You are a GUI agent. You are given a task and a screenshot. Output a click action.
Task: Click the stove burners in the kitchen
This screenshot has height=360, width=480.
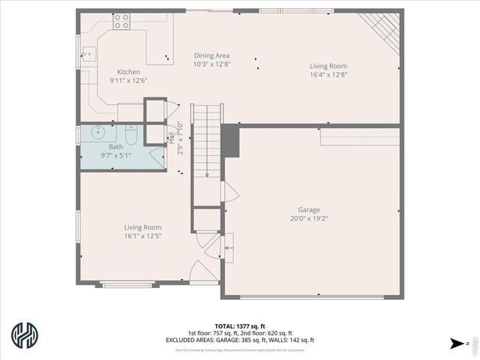(121, 22)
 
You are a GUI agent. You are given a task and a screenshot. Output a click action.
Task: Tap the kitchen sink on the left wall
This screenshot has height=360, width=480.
(88, 54)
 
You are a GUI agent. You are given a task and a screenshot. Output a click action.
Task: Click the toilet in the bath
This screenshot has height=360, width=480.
(131, 137)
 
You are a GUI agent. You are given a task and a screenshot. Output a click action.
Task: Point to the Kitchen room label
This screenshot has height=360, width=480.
(128, 72)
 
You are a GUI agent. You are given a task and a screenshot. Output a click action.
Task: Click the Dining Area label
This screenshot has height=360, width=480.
(211, 55)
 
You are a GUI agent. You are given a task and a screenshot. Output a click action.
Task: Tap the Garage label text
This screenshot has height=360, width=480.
(310, 210)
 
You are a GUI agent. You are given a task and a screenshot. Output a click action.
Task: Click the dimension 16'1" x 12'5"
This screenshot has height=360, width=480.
(142, 235)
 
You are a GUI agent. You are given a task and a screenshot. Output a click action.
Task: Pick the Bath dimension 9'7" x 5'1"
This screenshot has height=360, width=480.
(116, 155)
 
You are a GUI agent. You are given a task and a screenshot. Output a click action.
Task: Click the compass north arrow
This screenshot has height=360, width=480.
(456, 343)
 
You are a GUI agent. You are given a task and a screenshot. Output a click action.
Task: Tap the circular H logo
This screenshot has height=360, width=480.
(26, 337)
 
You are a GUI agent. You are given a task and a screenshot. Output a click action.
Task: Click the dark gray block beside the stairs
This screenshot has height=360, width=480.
(231, 142)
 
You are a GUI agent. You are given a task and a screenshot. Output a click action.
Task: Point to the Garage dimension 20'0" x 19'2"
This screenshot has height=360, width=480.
(310, 218)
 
